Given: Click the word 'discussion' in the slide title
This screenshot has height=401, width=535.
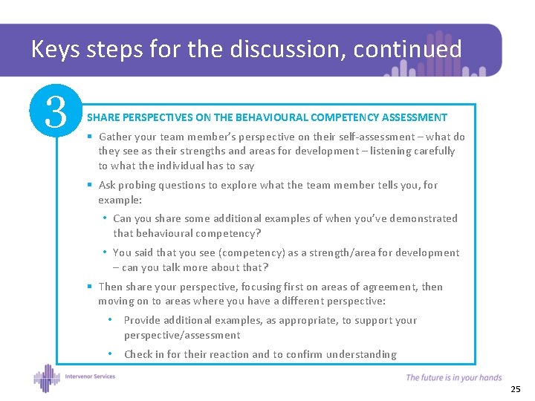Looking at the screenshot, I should (x=287, y=49).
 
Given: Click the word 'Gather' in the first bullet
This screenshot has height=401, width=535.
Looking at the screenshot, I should (x=115, y=137).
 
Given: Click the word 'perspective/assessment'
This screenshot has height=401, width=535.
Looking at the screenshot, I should (x=181, y=335).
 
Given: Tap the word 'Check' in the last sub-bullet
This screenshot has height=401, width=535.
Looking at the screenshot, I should (x=139, y=354).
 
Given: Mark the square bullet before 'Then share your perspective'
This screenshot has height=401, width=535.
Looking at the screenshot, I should (x=89, y=287).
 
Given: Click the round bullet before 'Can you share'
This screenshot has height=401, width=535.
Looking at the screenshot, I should (x=105, y=218).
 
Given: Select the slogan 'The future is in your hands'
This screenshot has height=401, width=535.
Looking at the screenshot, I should (x=453, y=378).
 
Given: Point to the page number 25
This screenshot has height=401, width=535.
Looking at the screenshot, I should (x=516, y=389).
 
